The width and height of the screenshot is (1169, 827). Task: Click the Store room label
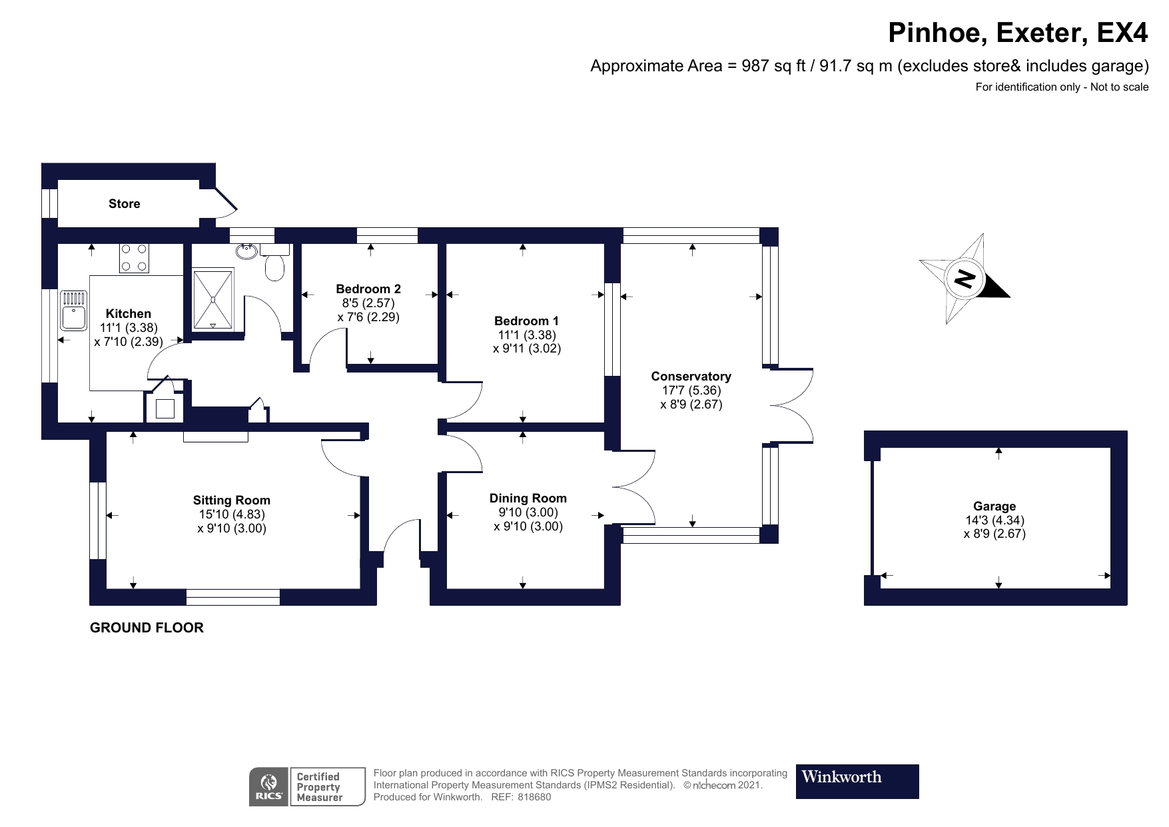click(125, 204)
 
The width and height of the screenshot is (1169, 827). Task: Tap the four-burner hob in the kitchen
click(133, 258)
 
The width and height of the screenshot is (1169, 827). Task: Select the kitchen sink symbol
click(73, 310)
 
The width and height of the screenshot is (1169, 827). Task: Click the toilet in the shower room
click(274, 266)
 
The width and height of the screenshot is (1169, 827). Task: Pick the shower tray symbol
click(213, 299)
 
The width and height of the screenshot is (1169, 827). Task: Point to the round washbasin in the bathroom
click(247, 251)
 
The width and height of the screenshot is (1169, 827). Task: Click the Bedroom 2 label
click(368, 289)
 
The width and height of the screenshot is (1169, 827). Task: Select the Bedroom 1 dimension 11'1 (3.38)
click(526, 335)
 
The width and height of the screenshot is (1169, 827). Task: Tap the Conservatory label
click(691, 377)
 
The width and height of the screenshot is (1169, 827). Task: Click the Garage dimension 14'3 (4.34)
click(994, 520)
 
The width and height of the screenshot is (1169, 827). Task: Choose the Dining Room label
click(528, 498)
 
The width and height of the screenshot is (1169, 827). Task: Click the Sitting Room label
click(232, 500)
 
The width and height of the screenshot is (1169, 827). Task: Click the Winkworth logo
click(857, 781)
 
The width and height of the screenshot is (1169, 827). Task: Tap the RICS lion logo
click(269, 786)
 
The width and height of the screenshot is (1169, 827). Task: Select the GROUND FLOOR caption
click(147, 628)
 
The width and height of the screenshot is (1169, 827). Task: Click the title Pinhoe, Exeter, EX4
click(1018, 33)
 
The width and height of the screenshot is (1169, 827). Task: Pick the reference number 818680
click(534, 797)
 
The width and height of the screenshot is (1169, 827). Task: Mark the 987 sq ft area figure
click(767, 66)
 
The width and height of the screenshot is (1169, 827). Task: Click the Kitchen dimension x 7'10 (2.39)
click(129, 341)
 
